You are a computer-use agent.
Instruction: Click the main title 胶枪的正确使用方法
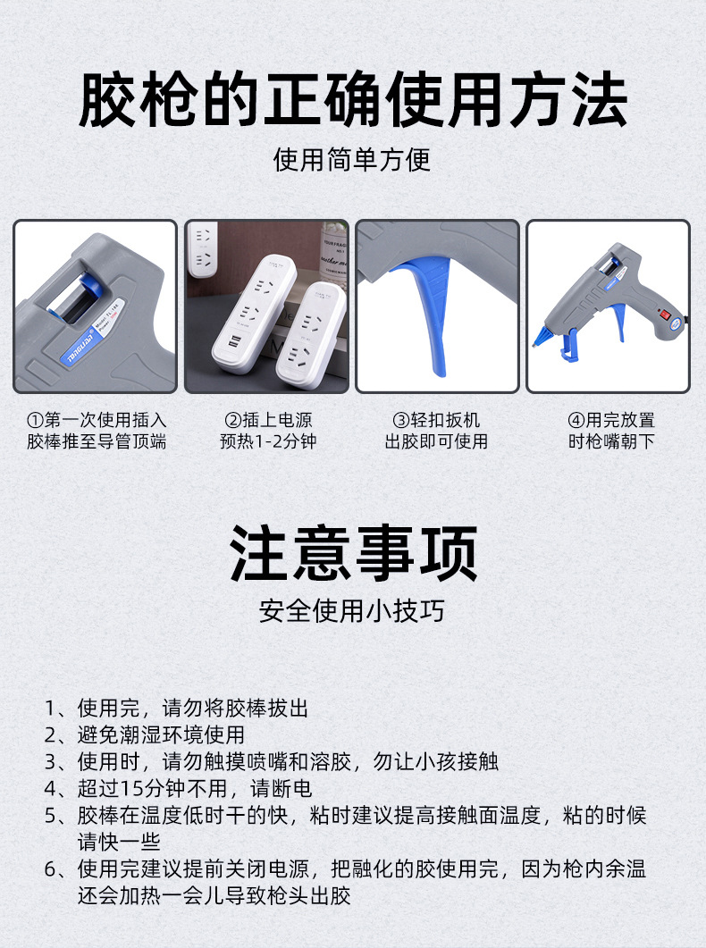tap(353, 100)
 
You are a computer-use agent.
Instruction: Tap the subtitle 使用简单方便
tap(352, 160)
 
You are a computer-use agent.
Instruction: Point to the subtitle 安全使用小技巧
tap(352, 611)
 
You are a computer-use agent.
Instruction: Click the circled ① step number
tap(35, 420)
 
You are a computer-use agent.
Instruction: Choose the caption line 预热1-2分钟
tap(267, 441)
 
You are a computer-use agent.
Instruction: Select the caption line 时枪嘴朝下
tap(610, 441)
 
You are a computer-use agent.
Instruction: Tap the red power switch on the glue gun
tap(663, 315)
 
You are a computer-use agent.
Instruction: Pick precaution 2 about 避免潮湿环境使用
tap(145, 735)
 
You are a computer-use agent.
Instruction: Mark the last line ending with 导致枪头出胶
tap(214, 894)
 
